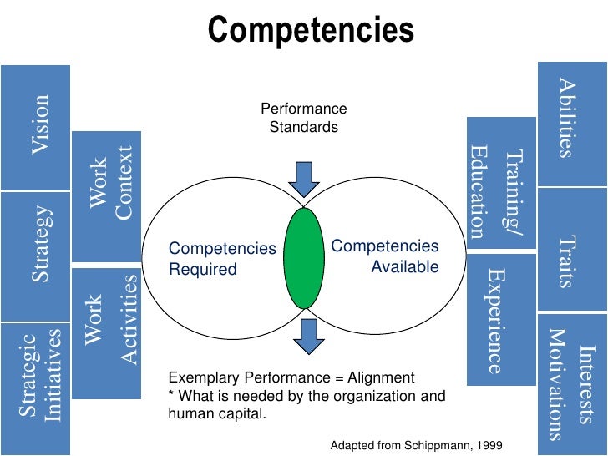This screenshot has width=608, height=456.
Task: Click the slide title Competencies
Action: [312, 31]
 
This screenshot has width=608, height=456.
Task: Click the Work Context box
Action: [106, 196]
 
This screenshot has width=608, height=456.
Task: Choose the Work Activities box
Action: [106, 327]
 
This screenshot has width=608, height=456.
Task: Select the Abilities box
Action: [571, 124]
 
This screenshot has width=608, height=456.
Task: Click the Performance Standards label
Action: [304, 118]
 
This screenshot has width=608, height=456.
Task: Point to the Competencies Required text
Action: [220, 259]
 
